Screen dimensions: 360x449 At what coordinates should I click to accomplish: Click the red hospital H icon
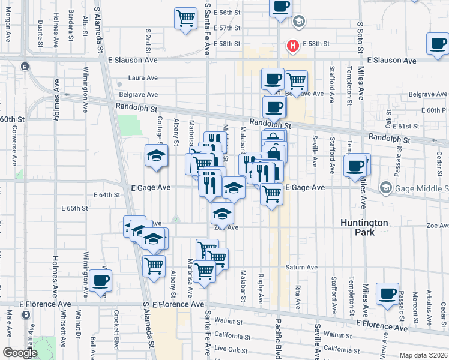(293, 46)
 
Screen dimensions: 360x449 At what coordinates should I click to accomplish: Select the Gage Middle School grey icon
(385, 188)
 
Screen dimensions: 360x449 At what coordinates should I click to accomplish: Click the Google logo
(20, 353)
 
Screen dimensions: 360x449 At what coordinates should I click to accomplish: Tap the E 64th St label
(107, 195)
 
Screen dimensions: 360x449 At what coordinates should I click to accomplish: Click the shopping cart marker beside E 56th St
(186, 18)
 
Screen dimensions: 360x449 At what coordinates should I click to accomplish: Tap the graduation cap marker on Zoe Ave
(222, 214)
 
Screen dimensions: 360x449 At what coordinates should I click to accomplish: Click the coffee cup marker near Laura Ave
(273, 79)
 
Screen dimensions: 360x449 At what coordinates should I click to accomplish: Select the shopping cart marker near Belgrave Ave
(295, 81)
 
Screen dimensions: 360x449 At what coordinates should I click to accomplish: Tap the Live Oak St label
(226, 349)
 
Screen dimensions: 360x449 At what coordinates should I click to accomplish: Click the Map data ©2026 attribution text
(423, 355)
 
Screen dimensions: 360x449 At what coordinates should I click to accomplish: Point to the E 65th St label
(74, 208)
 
